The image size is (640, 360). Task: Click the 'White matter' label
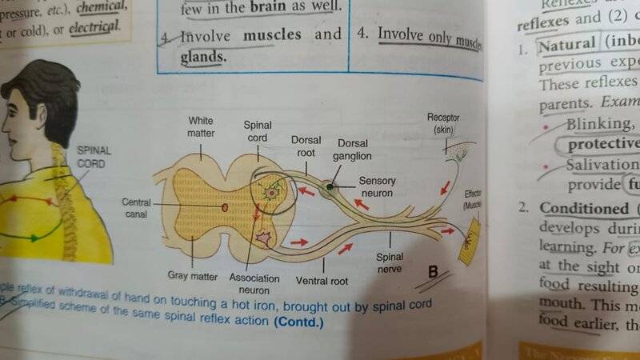[201, 126]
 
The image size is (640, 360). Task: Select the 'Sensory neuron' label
[377, 186]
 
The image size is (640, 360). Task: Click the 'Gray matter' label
[193, 277]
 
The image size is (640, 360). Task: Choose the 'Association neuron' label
[254, 283]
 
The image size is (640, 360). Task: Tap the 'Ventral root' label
[322, 281]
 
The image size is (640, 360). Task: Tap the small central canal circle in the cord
[224, 207]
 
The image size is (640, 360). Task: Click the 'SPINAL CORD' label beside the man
[94, 157]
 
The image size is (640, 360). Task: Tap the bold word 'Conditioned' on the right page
[573, 207]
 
